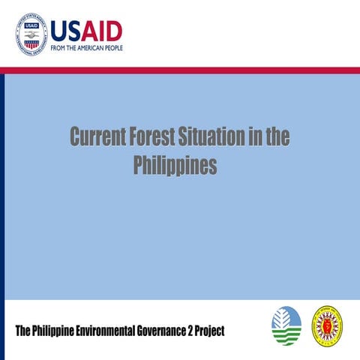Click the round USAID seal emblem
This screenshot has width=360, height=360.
click(x=31, y=31)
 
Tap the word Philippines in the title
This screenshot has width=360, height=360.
click(x=175, y=165)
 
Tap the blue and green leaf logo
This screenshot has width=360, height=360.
click(x=286, y=326)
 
